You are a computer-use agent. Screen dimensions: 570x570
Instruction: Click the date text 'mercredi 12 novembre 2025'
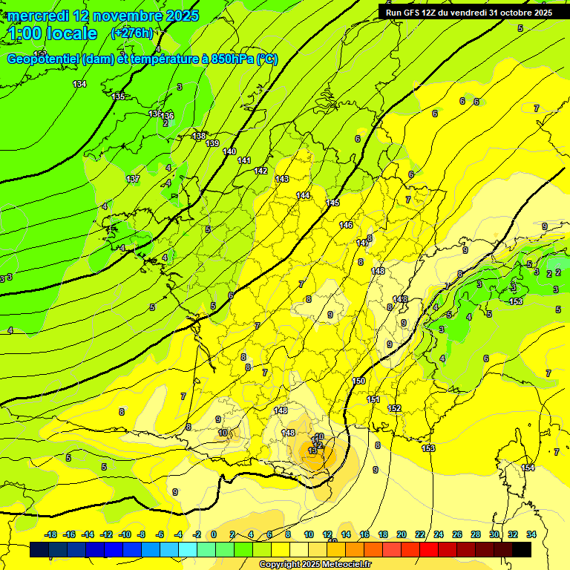click(x=103, y=15)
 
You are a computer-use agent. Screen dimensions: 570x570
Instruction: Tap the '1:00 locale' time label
click(x=52, y=33)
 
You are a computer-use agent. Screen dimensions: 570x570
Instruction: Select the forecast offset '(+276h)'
click(x=132, y=33)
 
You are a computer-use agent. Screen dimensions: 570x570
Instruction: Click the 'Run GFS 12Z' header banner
click(x=468, y=13)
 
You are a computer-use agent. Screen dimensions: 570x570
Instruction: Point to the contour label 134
click(x=79, y=84)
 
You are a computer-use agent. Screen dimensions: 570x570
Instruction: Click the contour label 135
click(x=118, y=96)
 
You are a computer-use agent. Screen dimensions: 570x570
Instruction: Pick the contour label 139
click(x=213, y=143)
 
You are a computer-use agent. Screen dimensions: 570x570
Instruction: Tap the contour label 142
click(x=261, y=171)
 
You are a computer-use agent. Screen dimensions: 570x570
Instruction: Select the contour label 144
click(x=303, y=195)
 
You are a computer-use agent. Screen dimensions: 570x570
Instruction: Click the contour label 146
click(x=346, y=225)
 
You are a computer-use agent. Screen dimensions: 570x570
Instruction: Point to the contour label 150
click(x=358, y=381)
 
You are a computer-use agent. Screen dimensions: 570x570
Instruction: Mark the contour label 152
click(x=394, y=408)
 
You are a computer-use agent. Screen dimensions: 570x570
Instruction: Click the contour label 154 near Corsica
click(x=528, y=468)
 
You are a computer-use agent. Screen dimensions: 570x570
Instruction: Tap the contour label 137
click(x=133, y=179)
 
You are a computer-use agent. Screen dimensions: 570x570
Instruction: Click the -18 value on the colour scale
click(x=51, y=534)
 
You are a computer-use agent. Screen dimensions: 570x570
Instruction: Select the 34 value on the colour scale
click(x=531, y=534)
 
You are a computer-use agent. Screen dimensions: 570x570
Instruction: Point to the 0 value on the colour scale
click(x=214, y=534)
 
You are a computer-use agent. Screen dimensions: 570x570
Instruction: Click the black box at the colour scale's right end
click(x=522, y=549)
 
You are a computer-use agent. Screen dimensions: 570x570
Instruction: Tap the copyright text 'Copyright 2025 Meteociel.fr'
click(x=315, y=564)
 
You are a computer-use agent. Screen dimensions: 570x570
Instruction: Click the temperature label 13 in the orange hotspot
click(x=312, y=451)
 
